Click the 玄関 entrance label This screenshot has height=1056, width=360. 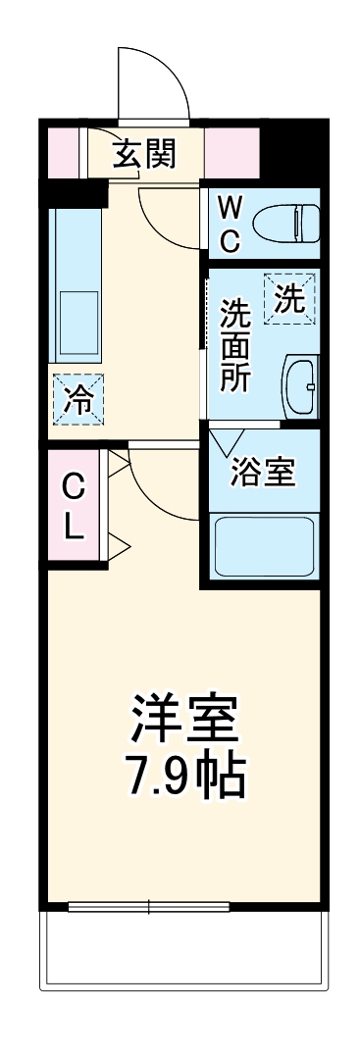(x=144, y=154)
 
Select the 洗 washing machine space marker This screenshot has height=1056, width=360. (x=289, y=297)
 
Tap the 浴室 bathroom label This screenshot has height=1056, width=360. (x=263, y=472)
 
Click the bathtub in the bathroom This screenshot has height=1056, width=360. (x=263, y=548)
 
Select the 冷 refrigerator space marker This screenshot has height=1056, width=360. (x=76, y=399)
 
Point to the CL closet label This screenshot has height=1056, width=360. (x=74, y=507)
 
